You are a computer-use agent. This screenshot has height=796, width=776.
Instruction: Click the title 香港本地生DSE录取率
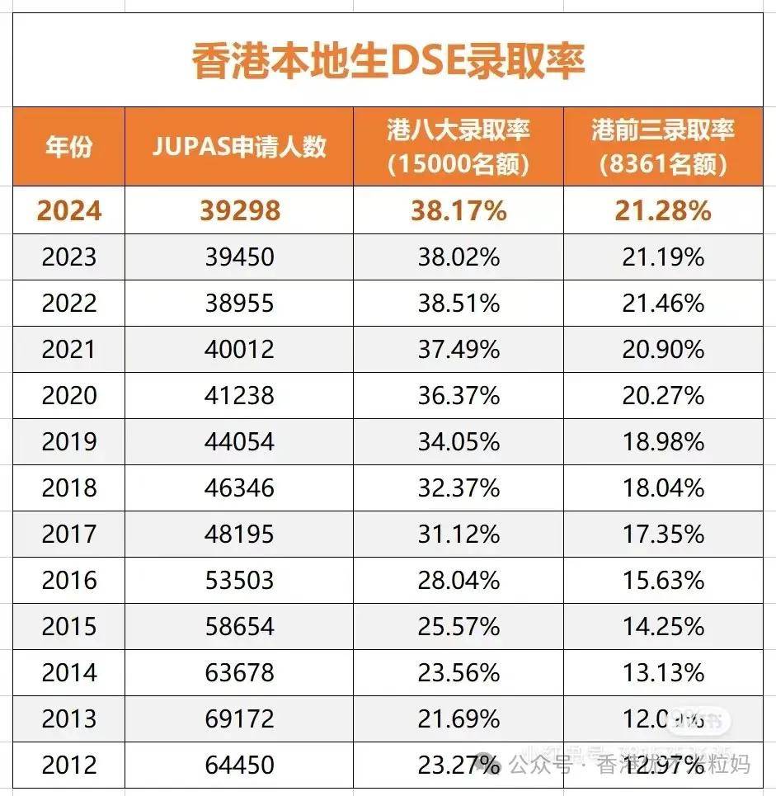[x=388, y=62]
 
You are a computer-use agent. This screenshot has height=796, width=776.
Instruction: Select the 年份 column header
[x=68, y=147]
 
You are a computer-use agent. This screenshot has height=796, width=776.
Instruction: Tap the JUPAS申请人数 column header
[x=239, y=147]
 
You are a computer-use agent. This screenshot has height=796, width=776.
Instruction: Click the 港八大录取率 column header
[x=459, y=147]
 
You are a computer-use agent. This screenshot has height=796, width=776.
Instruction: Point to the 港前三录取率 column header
[x=663, y=147]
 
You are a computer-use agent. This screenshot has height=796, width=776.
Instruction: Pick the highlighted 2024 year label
[x=69, y=210]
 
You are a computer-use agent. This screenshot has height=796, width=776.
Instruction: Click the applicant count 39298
[x=239, y=210]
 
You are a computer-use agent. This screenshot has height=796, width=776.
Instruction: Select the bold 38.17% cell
[x=459, y=210]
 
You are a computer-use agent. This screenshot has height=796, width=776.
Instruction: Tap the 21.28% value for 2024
[x=663, y=210]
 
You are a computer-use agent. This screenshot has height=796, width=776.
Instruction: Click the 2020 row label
[x=69, y=396]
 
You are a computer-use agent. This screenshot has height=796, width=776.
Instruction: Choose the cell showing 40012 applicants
[x=239, y=350]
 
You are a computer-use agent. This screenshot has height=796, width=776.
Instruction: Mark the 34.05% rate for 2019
[x=459, y=442]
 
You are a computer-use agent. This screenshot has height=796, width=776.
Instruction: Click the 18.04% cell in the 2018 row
[x=663, y=488]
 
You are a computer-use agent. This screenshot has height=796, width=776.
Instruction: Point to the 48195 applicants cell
[x=239, y=535]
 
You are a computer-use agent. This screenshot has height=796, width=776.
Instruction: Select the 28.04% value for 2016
[x=459, y=581]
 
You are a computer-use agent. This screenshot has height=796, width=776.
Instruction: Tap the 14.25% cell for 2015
[x=663, y=627]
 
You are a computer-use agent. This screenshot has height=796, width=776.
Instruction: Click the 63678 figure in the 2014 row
[x=239, y=673]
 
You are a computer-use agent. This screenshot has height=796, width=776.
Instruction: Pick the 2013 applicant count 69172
[x=239, y=719]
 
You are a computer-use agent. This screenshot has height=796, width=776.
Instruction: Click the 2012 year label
[x=69, y=765]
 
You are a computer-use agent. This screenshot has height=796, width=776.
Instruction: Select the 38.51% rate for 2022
[x=459, y=304]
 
